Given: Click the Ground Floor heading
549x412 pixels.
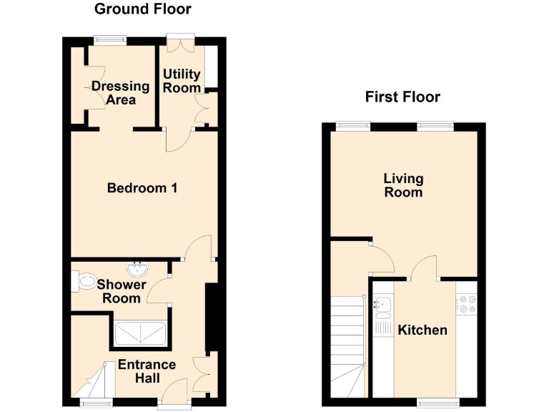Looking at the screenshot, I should (x=143, y=9).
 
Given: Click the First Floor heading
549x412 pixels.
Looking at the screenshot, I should (x=402, y=97).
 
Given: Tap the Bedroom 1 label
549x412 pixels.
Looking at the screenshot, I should (x=142, y=188).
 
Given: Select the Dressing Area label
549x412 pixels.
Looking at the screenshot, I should (x=121, y=93).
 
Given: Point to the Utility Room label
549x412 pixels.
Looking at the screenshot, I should (x=182, y=81).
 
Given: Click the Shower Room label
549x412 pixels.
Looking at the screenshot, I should (x=122, y=291).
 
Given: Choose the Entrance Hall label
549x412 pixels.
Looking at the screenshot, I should (x=147, y=371).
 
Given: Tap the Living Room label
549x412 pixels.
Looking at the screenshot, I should (x=403, y=185).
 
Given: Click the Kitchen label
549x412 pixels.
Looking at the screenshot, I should (x=422, y=330).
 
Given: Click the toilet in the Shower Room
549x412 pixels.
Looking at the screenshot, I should (x=84, y=281).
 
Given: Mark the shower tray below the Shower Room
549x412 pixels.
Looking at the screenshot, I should (x=140, y=333).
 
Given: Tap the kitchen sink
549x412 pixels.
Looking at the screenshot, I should (x=382, y=306).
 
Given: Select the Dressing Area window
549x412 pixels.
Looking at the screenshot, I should (x=109, y=41).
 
